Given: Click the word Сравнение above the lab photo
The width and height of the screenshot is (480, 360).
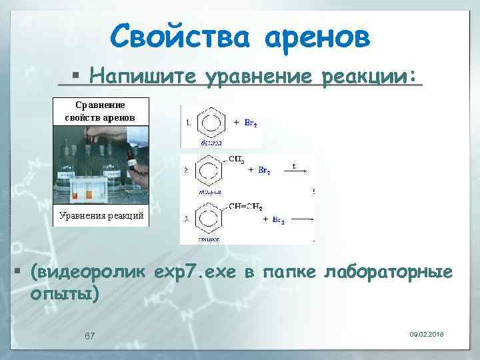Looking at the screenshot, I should coord(100,105).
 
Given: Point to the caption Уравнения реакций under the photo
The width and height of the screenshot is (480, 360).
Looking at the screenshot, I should coord(101,216).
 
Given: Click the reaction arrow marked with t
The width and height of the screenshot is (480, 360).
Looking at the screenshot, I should coord(295,170).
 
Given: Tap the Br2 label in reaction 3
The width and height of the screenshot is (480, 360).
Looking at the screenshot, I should coord(277,219).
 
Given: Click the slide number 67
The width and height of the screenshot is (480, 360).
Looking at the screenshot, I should coord(89,335).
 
